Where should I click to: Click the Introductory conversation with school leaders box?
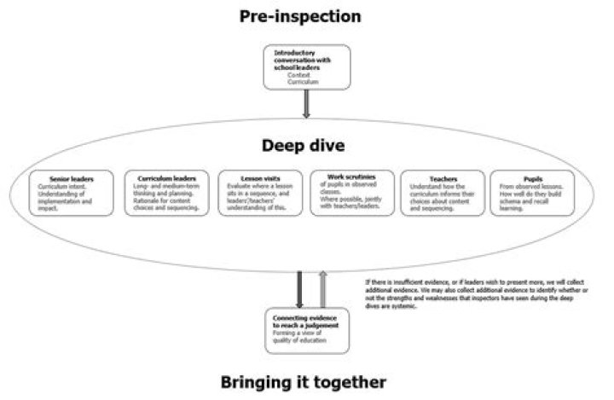[306, 67]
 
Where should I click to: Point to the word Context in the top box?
[299, 75]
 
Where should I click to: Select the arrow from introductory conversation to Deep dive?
[306, 104]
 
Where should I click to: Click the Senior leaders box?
[70, 194]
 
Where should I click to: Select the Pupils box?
[530, 194]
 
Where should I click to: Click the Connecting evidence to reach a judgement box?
[306, 331]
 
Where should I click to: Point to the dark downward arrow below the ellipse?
[298, 287]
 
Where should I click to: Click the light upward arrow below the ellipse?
[321, 287]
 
